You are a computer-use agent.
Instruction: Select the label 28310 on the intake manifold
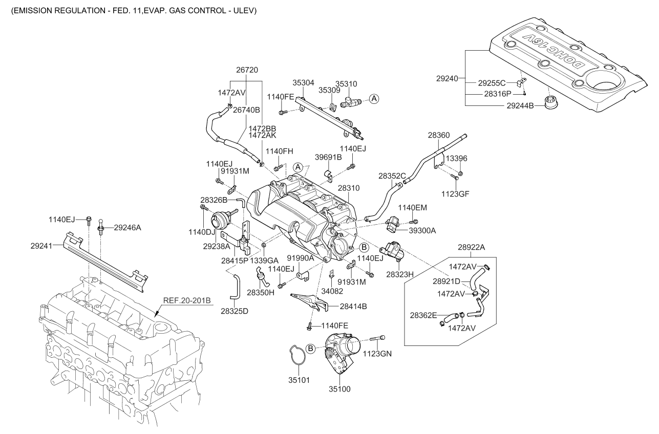348,189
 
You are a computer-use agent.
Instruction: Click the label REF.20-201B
187,300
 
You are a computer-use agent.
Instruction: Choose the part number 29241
41,246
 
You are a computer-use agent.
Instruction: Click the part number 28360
438,135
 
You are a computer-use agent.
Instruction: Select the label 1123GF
458,194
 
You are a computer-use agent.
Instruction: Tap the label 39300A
422,230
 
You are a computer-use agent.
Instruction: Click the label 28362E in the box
423,315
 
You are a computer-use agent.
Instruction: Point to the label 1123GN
377,354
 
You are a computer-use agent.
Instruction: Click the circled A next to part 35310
374,99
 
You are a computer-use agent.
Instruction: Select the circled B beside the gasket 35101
310,348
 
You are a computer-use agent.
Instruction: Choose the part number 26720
247,70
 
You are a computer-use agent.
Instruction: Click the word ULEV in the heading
246,10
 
